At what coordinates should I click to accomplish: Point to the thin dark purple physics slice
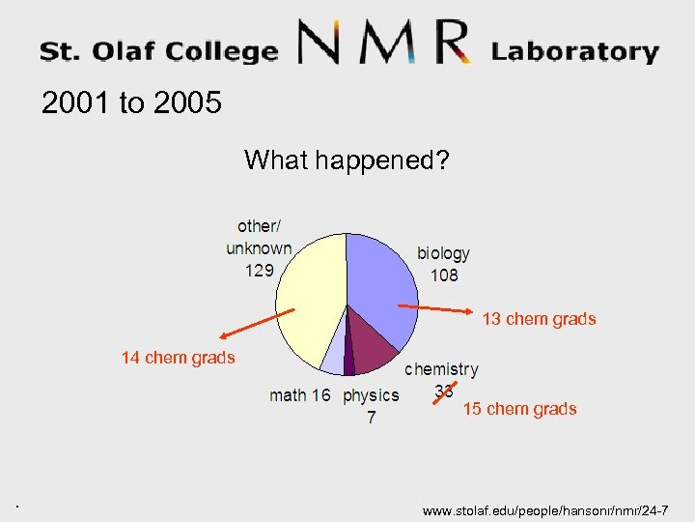348,362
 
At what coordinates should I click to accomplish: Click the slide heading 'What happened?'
347,159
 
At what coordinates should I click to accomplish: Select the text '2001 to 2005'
131,102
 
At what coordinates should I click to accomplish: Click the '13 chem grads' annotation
539,319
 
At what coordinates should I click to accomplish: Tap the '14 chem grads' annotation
178,358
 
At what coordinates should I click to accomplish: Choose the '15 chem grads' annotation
519,409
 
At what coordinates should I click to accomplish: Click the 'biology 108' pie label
444,264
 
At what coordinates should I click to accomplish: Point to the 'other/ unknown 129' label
259,247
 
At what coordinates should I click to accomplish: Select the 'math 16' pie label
299,394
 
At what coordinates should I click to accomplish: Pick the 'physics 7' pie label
371,405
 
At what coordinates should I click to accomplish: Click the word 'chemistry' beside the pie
441,369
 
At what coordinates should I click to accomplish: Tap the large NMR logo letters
384,43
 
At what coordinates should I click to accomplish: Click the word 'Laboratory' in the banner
575,51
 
